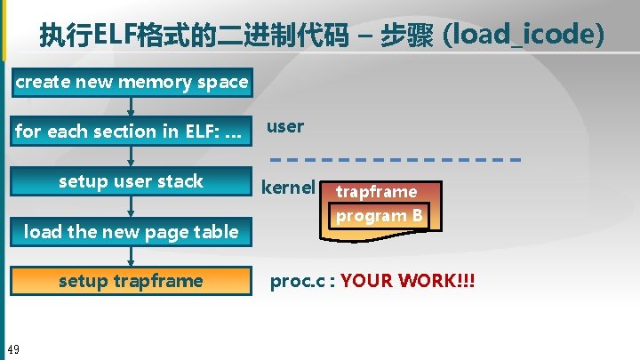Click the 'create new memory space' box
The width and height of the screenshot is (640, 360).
coord(132,82)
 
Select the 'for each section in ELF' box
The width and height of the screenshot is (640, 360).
coord(132,131)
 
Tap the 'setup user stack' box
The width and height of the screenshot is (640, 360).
coord(132,181)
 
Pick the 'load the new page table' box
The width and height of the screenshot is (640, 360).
coord(132,232)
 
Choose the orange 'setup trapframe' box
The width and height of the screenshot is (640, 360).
coord(132,281)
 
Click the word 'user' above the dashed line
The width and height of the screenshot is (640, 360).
coord(285,126)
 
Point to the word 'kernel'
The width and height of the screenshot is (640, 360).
coord(288,188)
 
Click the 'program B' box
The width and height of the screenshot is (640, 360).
coord(379,216)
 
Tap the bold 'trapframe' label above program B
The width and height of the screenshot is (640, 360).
coord(376,192)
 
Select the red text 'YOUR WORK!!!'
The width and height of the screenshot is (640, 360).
coord(407,282)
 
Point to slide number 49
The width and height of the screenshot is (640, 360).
coord(13,348)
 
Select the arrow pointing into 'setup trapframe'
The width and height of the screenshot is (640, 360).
coord(132,256)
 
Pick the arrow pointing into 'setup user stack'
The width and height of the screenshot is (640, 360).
coord(132,156)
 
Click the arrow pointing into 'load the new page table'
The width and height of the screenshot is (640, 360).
coord(132,206)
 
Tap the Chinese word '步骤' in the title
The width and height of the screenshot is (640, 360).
coord(406,36)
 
